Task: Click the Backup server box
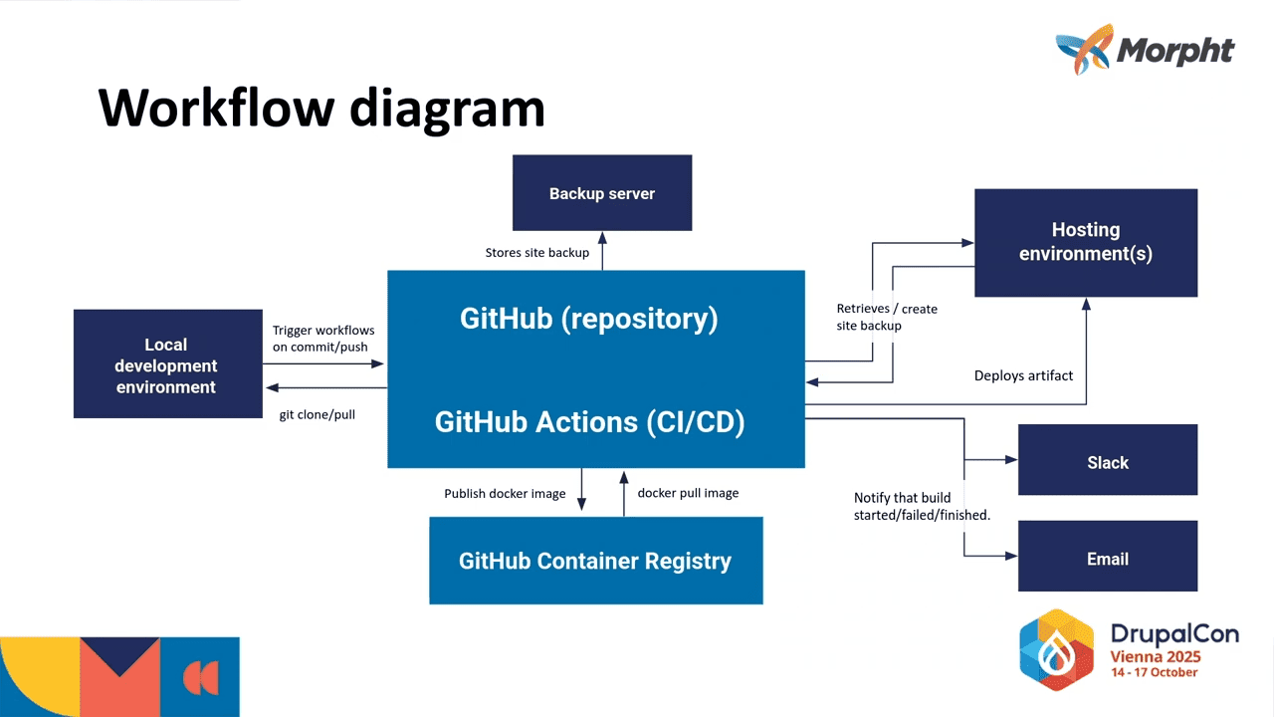[602, 193]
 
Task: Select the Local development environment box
[167, 364]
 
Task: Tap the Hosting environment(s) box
[1086, 242]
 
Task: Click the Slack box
[1107, 462]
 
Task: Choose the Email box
[1107, 559]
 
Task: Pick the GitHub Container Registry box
[595, 561]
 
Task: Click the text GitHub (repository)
[588, 319]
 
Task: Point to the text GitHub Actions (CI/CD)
[589, 422]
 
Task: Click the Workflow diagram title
[321, 107]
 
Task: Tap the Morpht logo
[1145, 49]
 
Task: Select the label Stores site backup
[537, 253]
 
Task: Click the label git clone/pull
[317, 413]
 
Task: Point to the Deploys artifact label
[1023, 375]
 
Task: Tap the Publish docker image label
[505, 493]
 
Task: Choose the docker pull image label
[688, 493]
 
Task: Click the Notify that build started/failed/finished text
[922, 506]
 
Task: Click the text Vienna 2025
[1156, 656]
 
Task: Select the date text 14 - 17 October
[1155, 672]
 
